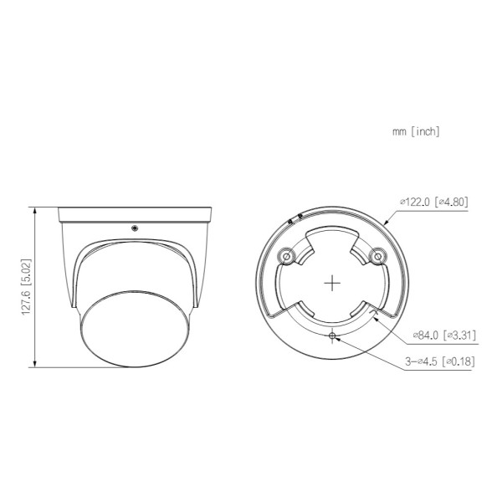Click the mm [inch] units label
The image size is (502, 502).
click(416, 131)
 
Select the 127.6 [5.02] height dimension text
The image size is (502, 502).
click(26, 287)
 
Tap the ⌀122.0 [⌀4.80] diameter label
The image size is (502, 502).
click(433, 202)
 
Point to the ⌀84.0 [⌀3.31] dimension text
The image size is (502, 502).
click(444, 336)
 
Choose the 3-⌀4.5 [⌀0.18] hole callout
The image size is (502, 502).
click(439, 361)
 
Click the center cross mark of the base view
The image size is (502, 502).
click(332, 283)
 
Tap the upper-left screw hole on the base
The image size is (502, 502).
click(286, 257)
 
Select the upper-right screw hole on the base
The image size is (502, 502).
click(378, 257)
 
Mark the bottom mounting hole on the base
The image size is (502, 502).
click(332, 336)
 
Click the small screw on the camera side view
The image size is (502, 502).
click(135, 228)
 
